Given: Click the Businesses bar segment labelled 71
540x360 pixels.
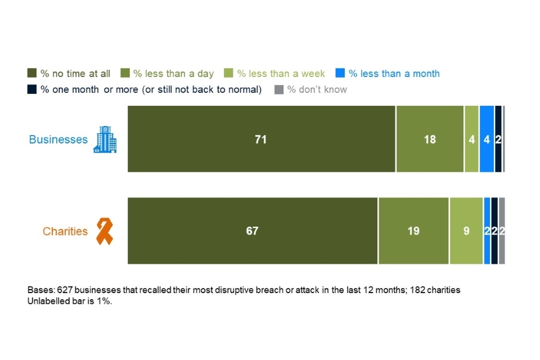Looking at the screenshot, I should pyautogui.click(x=261, y=139).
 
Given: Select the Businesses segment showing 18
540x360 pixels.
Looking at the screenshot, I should pyautogui.click(x=430, y=139).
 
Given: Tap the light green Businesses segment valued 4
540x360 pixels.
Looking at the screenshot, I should pyautogui.click(x=471, y=139).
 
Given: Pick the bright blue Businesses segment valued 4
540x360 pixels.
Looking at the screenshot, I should pyautogui.click(x=487, y=139).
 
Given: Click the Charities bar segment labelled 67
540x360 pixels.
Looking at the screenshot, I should pyautogui.click(x=253, y=231).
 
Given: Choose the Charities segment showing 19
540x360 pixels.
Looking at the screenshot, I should pyautogui.click(x=413, y=231).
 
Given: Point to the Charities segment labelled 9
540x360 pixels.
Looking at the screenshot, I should pyautogui.click(x=466, y=231).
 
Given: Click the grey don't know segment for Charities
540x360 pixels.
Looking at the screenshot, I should pyautogui.click(x=502, y=231).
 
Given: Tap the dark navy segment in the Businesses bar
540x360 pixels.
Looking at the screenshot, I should pyautogui.click(x=498, y=139).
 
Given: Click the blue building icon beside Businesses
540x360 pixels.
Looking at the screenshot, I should pyautogui.click(x=105, y=139).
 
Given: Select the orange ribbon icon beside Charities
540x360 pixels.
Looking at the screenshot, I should pyautogui.click(x=105, y=231).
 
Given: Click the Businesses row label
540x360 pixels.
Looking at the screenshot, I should pyautogui.click(x=58, y=139).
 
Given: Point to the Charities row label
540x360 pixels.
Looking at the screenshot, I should pyautogui.click(x=65, y=231).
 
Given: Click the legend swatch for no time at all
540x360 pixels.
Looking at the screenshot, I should pyautogui.click(x=32, y=74).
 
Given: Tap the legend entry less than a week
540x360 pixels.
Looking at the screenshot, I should pyautogui.click(x=281, y=74).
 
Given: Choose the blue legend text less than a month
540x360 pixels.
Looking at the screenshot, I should pyautogui.click(x=394, y=74).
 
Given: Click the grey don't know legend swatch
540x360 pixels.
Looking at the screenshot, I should pyautogui.click(x=278, y=89).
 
